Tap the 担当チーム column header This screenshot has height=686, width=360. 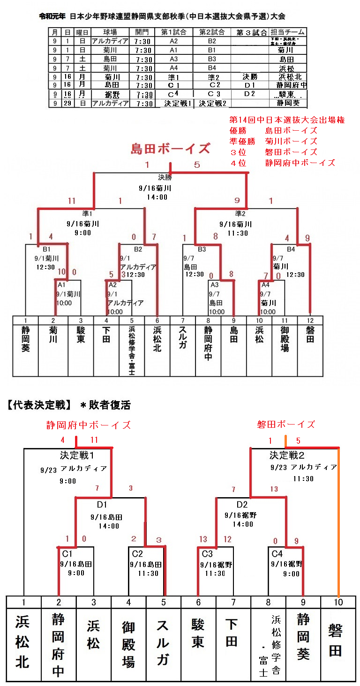click(x=287, y=32)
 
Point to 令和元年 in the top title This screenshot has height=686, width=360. click(x=52, y=16)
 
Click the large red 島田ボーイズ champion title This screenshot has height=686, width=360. click(x=170, y=149)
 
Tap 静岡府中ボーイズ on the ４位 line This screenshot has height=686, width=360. click(x=300, y=163)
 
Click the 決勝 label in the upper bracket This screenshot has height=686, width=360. click(x=165, y=178)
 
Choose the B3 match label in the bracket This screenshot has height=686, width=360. click(x=202, y=249)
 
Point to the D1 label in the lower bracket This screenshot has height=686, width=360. click(x=102, y=505)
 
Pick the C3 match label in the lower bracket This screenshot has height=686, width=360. click(x=206, y=554)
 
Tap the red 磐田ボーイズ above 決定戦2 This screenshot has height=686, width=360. click(x=286, y=425)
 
